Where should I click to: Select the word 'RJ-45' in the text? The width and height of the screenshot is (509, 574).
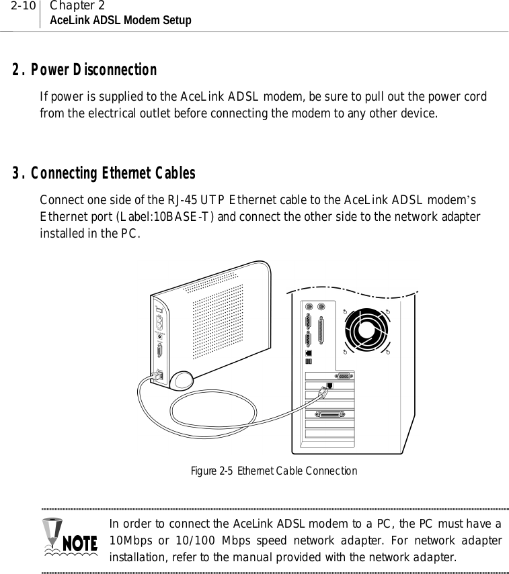tap(180, 199)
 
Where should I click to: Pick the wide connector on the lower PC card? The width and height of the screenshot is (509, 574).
tap(329, 417)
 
